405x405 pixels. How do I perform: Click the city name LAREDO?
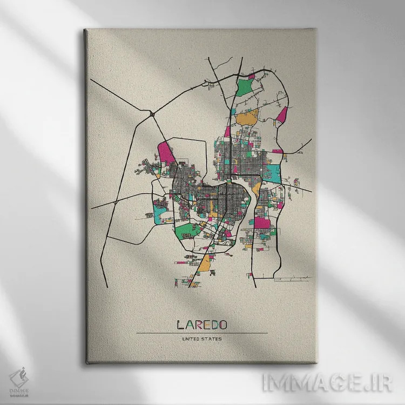pyautogui.click(x=202, y=325)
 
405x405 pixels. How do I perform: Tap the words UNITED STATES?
pyautogui.click(x=202, y=339)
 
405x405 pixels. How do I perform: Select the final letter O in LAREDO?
pyautogui.click(x=222, y=325)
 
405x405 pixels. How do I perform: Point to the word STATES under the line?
pyautogui.click(x=211, y=339)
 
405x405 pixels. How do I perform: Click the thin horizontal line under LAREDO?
pyautogui.click(x=202, y=333)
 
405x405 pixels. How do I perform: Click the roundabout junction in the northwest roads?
pyautogui.click(x=153, y=114)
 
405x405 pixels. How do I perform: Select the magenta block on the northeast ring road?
pyautogui.click(x=282, y=114)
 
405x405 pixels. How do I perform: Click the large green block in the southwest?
pyautogui.click(x=185, y=231)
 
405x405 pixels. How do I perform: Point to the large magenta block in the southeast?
pyautogui.click(x=262, y=222)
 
